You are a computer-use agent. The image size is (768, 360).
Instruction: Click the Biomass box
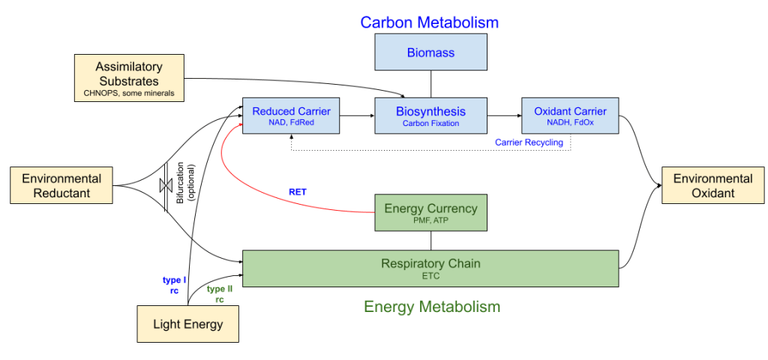[430, 52]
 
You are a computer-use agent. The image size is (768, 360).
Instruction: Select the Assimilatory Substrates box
[129, 78]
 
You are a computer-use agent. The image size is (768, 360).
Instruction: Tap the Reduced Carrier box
[292, 115]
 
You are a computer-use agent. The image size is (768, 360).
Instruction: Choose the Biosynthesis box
[430, 115]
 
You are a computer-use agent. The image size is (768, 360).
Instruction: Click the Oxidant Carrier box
[570, 115]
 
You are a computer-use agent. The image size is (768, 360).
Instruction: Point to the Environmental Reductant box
[61, 185]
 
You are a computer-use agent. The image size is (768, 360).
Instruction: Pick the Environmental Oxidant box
[712, 185]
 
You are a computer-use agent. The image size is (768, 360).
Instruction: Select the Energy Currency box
[430, 212]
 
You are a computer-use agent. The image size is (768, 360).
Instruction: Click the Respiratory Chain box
[430, 268]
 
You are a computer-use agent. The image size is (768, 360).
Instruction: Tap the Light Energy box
[188, 324]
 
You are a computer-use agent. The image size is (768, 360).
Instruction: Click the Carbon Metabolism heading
[429, 22]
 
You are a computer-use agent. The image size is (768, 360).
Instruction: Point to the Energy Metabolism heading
[432, 307]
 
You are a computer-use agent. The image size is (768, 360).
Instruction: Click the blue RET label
[297, 192]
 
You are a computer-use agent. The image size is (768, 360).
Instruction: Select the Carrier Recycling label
[529, 142]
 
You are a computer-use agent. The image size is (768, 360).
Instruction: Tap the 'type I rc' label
[174, 285]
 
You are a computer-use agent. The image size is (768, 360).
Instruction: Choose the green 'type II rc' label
[220, 294]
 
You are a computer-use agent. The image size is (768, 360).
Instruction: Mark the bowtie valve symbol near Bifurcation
[166, 186]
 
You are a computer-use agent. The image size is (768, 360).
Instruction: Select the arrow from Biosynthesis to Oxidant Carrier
[505, 116]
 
